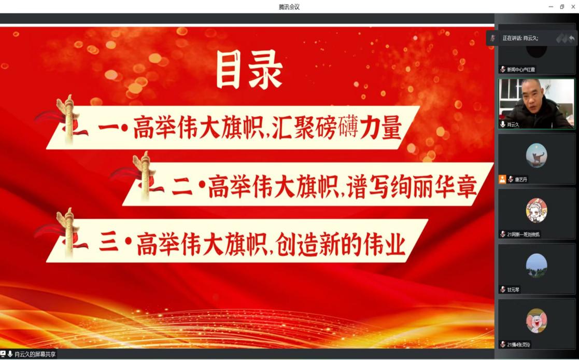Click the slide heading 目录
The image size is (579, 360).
[x=249, y=70]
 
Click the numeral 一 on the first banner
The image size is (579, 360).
[x=108, y=128]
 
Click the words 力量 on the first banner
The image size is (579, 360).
[x=381, y=128]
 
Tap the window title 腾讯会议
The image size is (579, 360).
[x=289, y=7]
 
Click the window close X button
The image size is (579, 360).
[x=573, y=7]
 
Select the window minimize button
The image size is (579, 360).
[x=551, y=7]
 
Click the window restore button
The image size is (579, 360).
[x=562, y=7]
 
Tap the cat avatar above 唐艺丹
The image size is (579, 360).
[x=536, y=155]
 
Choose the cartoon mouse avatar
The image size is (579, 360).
[x=536, y=320]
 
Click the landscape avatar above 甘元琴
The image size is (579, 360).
[x=536, y=265]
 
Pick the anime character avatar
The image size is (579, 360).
[x=536, y=210]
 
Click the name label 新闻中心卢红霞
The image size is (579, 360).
[x=520, y=70]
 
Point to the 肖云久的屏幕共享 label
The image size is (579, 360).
[x=35, y=354]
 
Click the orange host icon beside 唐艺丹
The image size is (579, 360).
[x=502, y=179]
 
